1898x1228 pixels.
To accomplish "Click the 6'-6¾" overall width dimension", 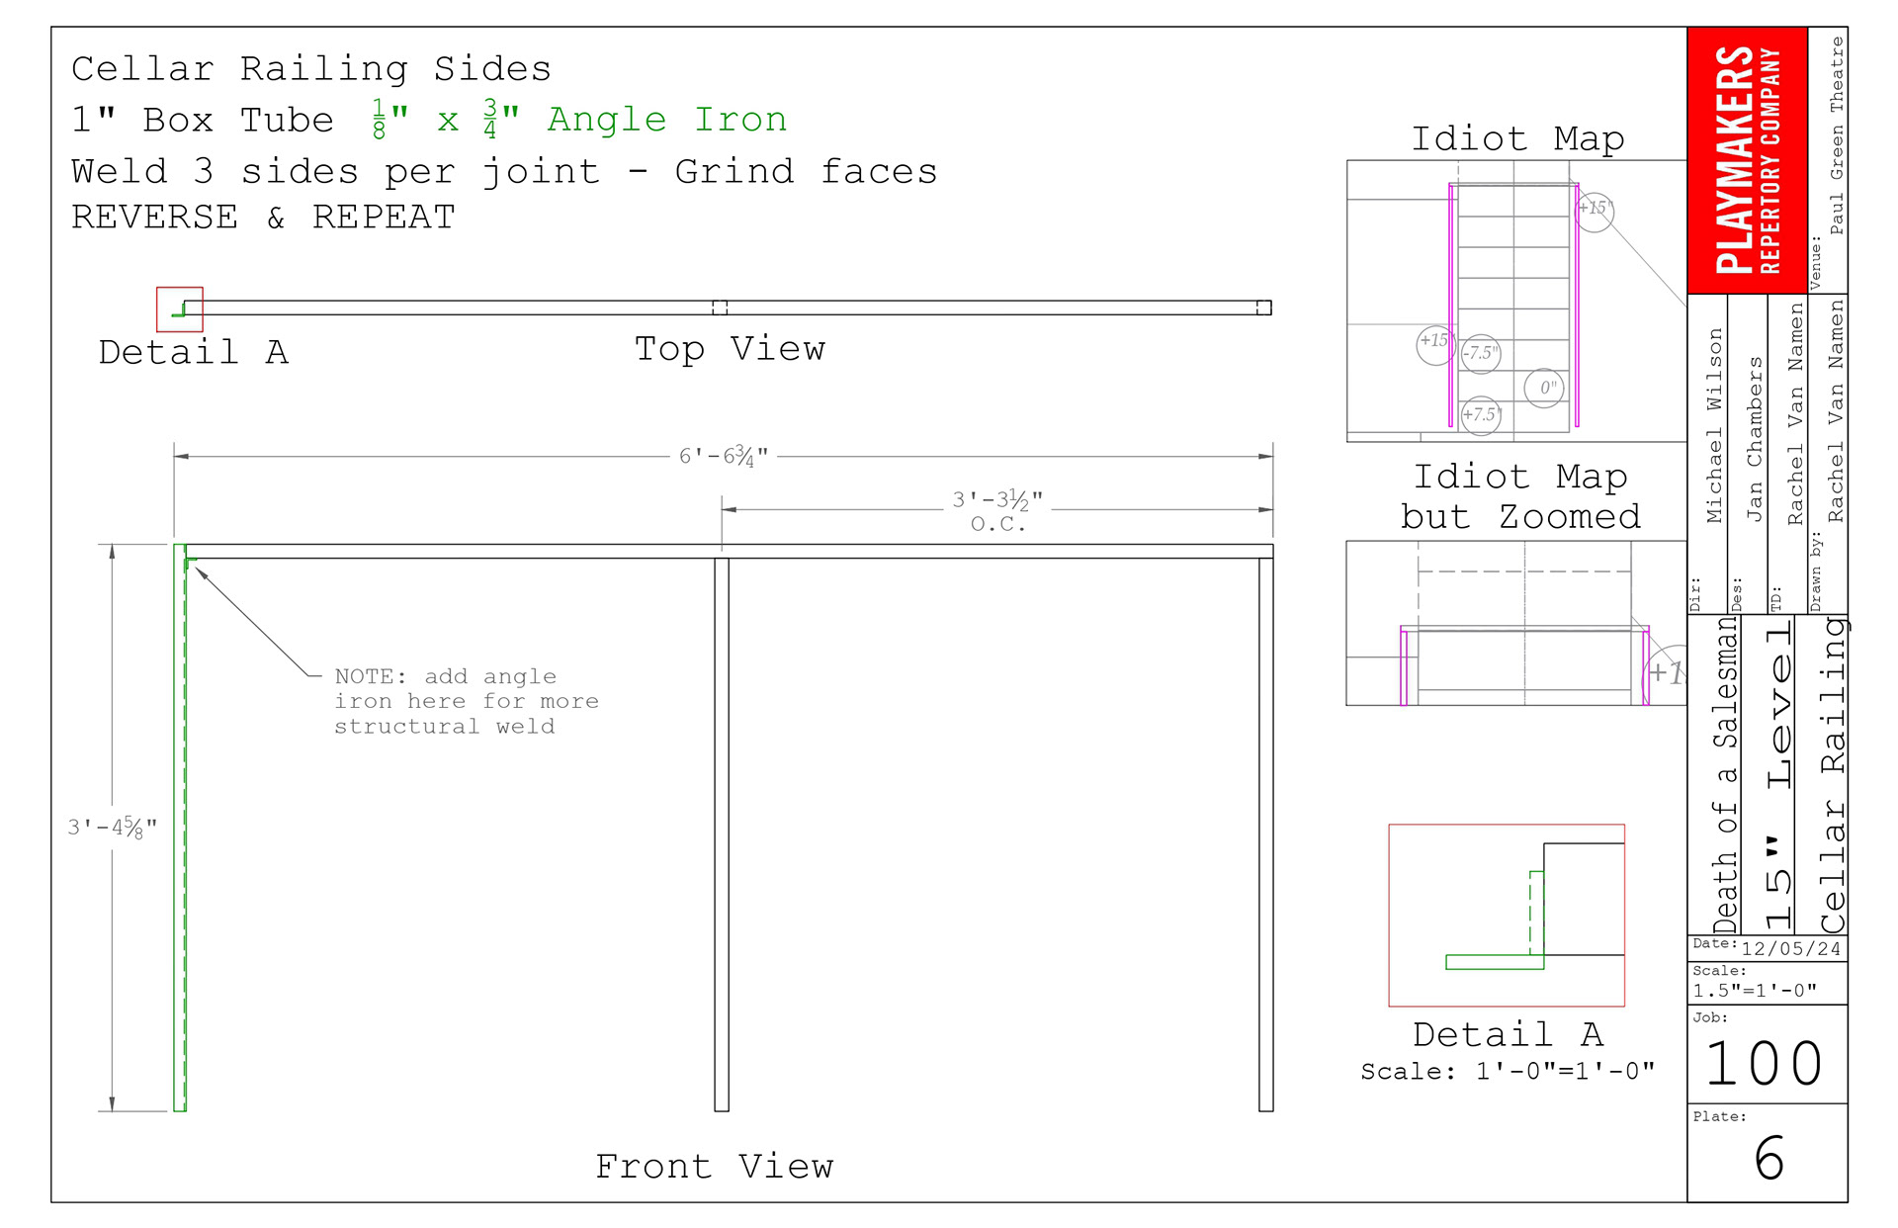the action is click(723, 457).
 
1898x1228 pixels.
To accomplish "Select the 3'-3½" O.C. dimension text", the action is click(997, 509).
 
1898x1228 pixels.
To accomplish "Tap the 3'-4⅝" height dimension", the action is click(112, 828).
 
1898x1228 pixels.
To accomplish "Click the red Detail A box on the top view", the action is click(180, 309).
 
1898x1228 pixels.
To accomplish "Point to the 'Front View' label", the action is click(714, 1167).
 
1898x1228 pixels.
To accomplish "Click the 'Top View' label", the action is click(730, 349).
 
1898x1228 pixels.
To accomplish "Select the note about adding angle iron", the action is click(466, 701).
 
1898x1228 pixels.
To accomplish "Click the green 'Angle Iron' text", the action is click(667, 120).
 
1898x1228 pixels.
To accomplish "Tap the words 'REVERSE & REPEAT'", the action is click(263, 218).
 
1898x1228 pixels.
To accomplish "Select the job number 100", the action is click(1765, 1064).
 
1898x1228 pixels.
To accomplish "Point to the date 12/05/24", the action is click(1790, 949).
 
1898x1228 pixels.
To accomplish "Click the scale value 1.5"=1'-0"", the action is click(1754, 991).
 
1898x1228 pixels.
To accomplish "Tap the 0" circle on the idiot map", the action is click(1544, 389).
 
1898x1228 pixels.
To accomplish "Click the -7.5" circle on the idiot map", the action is click(1481, 353).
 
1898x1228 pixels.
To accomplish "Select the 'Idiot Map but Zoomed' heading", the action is click(1519, 496).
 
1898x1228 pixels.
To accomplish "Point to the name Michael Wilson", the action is click(1714, 425).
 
